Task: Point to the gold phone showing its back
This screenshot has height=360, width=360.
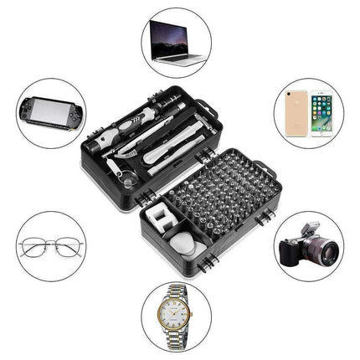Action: [x=297, y=114]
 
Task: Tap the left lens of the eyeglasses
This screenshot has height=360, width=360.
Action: [x=38, y=248]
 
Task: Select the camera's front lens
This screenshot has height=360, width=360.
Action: [x=323, y=250]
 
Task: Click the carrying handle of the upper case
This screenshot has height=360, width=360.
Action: [x=203, y=105]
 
